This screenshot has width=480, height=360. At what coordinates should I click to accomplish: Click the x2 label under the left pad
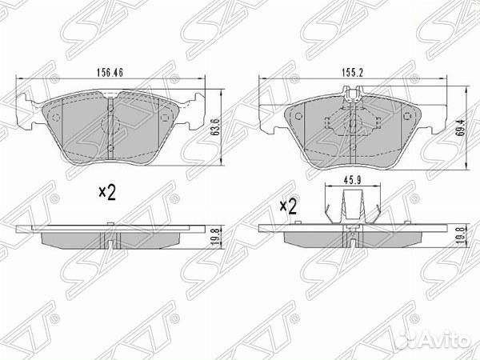click(x=107, y=192)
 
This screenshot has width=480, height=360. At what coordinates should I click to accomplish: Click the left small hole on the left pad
click(x=56, y=118)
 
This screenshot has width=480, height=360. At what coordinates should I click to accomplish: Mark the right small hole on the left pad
click(x=166, y=118)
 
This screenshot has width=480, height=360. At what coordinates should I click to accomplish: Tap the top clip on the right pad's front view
click(x=352, y=100)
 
